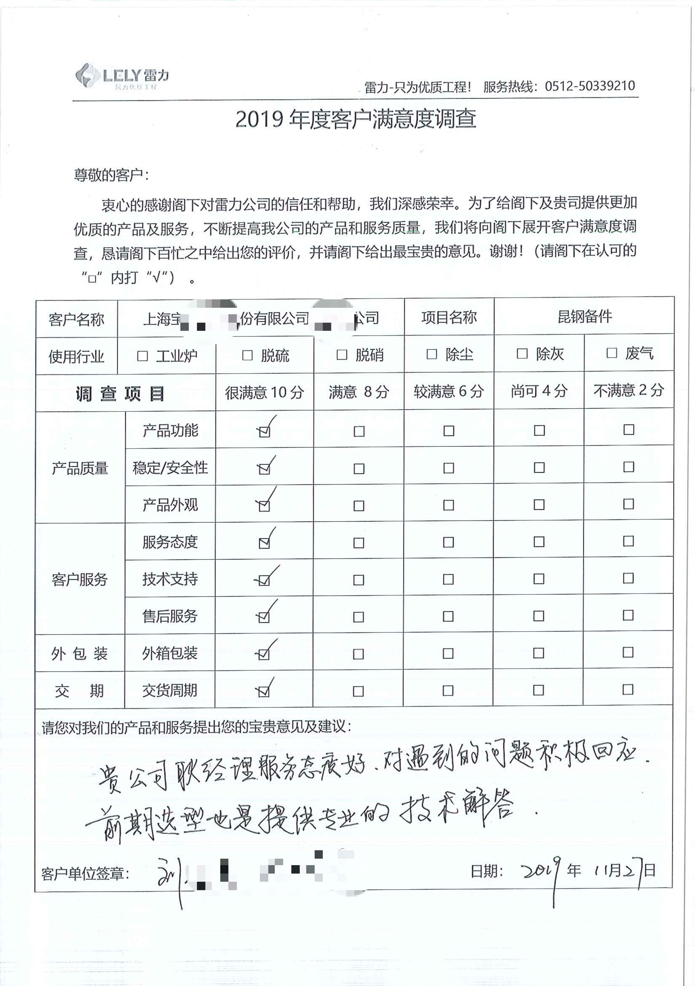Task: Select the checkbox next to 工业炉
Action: click(x=142, y=356)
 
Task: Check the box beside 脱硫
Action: click(x=247, y=356)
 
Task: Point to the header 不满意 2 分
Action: click(x=628, y=390)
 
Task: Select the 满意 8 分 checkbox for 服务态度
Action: click(x=359, y=543)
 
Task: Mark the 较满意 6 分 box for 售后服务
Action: click(x=448, y=617)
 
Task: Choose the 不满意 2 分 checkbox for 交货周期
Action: click(x=628, y=690)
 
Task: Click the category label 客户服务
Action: click(x=80, y=579)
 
